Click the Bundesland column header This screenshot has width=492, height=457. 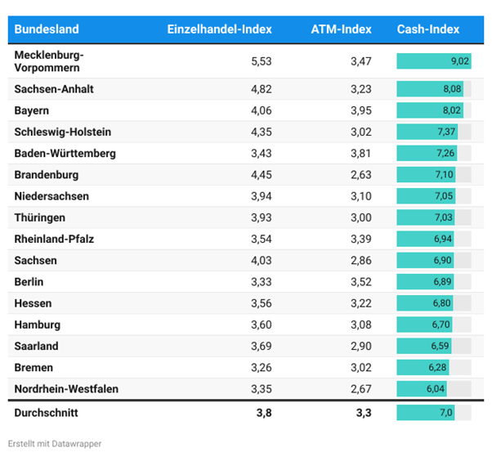(x=47, y=29)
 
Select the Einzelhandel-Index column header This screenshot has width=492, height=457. (x=219, y=29)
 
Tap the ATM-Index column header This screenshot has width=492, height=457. (x=341, y=29)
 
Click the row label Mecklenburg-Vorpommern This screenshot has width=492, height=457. (x=50, y=61)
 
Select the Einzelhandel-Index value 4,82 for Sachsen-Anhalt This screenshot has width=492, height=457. (x=259, y=89)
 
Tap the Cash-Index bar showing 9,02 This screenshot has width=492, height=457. (x=434, y=61)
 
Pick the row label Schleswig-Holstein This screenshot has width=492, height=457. (x=63, y=132)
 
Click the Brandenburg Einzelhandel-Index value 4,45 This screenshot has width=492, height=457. (x=259, y=175)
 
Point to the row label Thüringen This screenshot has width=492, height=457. (x=40, y=217)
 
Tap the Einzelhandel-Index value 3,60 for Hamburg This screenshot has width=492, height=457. (x=259, y=325)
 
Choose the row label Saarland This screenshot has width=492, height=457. (x=37, y=347)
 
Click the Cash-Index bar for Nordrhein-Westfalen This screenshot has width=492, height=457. (x=422, y=389)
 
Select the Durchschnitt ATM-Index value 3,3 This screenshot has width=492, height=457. (x=362, y=413)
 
